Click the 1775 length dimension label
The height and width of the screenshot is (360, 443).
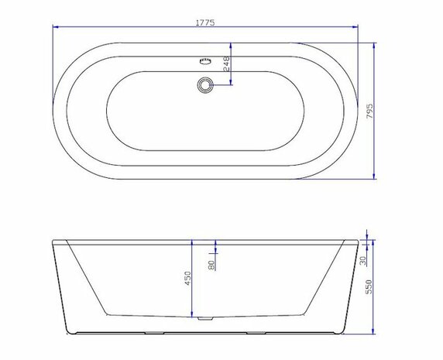205,22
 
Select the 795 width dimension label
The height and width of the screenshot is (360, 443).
370,111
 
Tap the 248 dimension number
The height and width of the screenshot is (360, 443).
227,63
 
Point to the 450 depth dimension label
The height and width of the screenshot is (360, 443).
187,279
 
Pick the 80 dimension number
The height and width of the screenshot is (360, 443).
211,265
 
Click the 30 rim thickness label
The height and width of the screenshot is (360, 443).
363,261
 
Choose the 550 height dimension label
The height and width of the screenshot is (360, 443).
369,287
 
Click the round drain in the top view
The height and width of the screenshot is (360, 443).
204,84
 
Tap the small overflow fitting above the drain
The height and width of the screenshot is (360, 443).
205,61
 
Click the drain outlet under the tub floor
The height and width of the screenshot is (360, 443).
204,319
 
